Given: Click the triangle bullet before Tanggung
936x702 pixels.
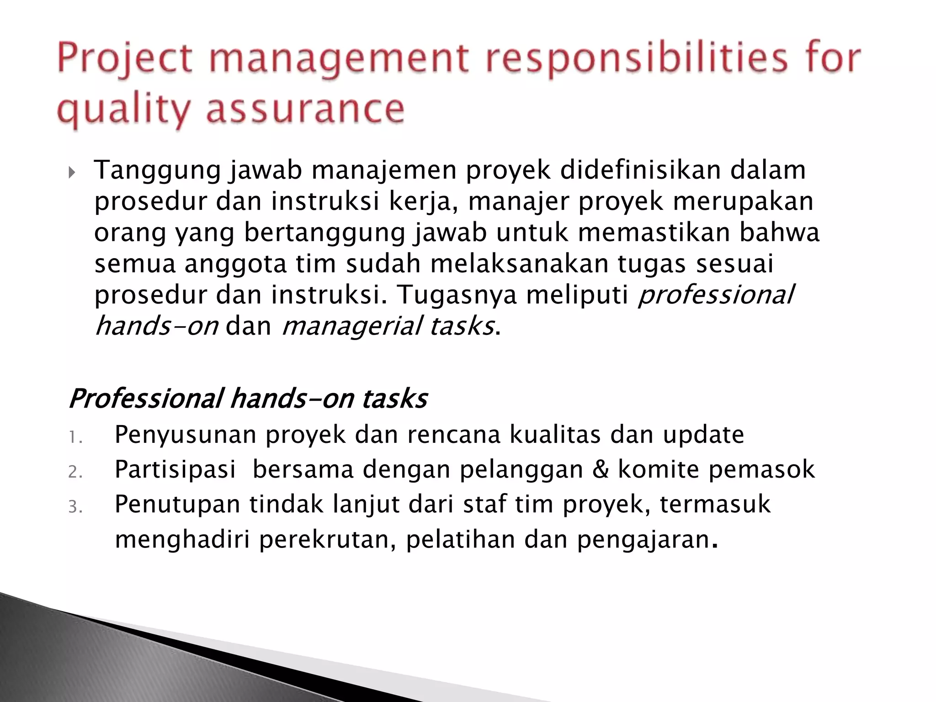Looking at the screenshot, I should [x=72, y=173].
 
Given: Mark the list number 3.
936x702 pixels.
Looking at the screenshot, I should [x=74, y=508].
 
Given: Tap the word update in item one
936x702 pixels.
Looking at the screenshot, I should [x=703, y=435].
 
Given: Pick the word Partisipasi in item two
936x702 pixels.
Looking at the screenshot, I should [x=175, y=469].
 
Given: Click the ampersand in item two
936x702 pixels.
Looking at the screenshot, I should [x=601, y=469].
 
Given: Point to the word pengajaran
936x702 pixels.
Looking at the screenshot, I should [x=643, y=540].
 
